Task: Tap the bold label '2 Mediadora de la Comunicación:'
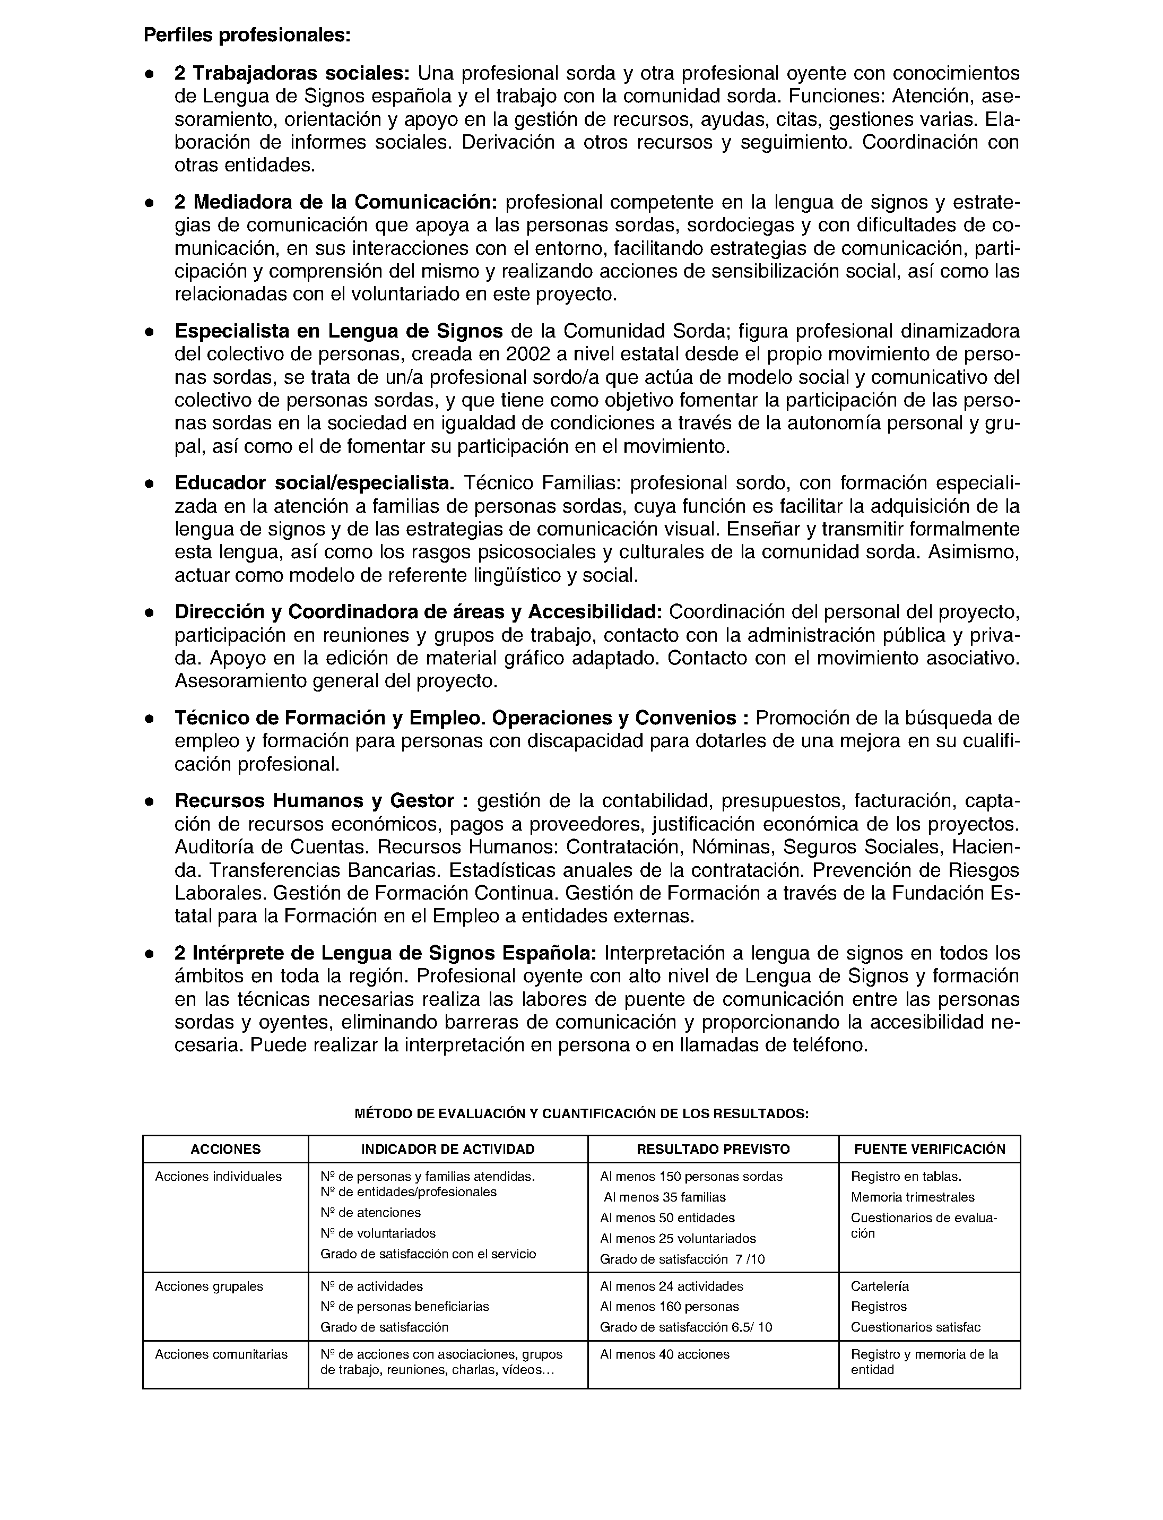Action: [336, 202]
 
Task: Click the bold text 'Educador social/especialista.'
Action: [314, 482]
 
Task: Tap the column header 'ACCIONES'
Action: [225, 1150]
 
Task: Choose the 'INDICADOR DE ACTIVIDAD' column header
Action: [448, 1150]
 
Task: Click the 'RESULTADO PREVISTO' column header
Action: [713, 1150]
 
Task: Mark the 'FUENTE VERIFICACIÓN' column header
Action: [929, 1150]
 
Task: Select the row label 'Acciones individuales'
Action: [218, 1177]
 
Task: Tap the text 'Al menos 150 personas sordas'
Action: [691, 1177]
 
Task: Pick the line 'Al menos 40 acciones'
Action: [665, 1354]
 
